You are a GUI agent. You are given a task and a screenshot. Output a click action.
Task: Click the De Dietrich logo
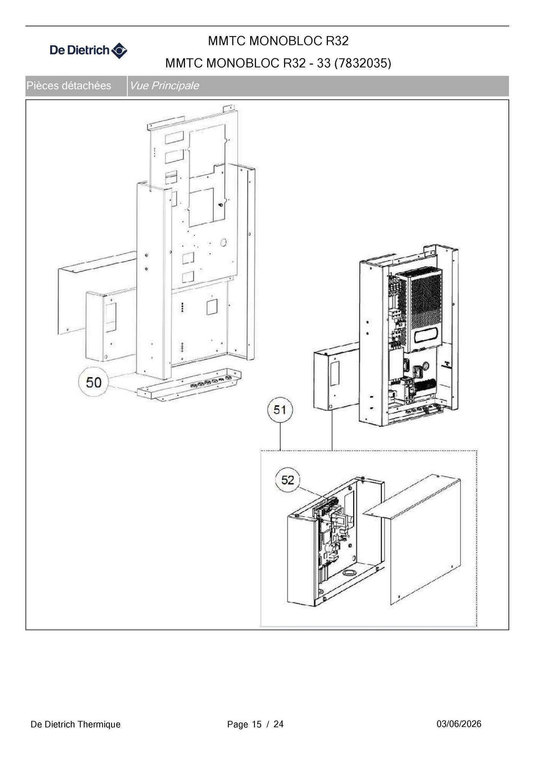(x=88, y=50)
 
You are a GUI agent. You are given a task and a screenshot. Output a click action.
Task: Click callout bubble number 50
(x=93, y=382)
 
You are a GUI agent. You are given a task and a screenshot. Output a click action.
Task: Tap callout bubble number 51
(x=280, y=410)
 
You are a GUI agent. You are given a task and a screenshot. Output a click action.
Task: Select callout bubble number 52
(x=288, y=480)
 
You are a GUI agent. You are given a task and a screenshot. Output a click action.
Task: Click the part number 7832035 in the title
(x=363, y=63)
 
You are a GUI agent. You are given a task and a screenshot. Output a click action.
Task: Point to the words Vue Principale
(x=164, y=86)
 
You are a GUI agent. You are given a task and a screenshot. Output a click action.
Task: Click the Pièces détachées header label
(x=69, y=86)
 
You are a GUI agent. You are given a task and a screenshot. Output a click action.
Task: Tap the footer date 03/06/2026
(x=459, y=724)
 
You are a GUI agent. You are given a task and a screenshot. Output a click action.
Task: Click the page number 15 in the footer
(x=257, y=724)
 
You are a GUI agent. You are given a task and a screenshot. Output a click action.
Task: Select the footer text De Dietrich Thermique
(x=75, y=724)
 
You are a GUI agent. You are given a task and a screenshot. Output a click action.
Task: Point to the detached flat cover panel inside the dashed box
(x=425, y=539)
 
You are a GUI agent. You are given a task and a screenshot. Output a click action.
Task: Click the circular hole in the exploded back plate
(x=224, y=242)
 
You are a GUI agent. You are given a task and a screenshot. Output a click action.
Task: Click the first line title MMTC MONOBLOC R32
(x=278, y=41)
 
